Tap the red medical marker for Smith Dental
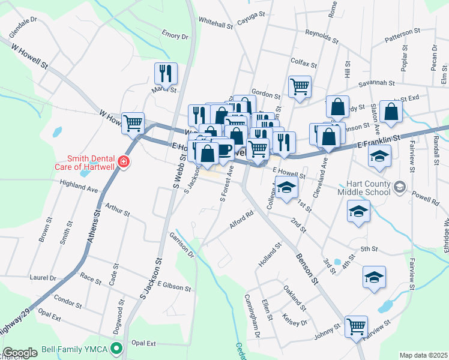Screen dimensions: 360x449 (x=123, y=161)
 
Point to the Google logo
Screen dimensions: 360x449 (x=20, y=353)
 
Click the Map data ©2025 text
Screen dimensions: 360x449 (x=423, y=355)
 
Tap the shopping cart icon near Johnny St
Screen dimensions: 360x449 (x=356, y=326)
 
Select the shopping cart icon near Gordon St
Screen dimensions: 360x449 (x=300, y=86)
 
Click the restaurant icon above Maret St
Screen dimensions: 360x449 (x=166, y=73)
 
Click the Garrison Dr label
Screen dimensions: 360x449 (x=182, y=245)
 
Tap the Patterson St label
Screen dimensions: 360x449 (x=403, y=35)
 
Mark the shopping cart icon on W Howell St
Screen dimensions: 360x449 (x=133, y=123)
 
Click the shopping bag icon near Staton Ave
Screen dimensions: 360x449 (x=391, y=111)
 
